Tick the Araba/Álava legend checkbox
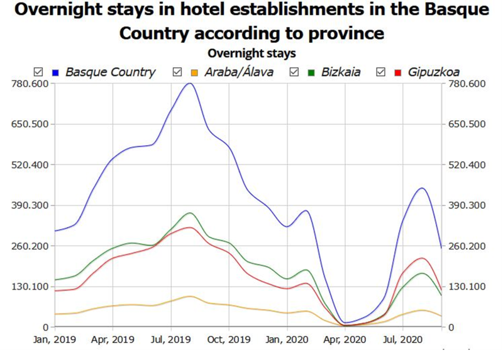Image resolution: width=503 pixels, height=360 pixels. pyautogui.click(x=177, y=72)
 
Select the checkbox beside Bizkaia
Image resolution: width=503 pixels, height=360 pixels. pyautogui.click(x=294, y=72)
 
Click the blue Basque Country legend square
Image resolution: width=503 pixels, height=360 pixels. pyautogui.click(x=56, y=72)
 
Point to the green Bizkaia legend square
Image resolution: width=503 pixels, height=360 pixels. pyautogui.click(x=311, y=72)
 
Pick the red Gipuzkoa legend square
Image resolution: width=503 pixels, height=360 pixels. pyautogui.click(x=397, y=72)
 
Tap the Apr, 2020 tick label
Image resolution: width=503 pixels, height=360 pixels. pyautogui.click(x=346, y=340)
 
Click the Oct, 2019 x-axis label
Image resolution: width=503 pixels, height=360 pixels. pyautogui.click(x=229, y=340)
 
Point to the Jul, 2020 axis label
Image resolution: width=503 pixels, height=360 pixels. pyautogui.click(x=402, y=340)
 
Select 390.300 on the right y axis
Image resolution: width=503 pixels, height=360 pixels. pyautogui.click(x=466, y=205)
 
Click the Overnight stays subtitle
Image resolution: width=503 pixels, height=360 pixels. pyautogui.click(x=251, y=53)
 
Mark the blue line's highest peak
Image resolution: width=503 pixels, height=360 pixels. pyautogui.click(x=189, y=83)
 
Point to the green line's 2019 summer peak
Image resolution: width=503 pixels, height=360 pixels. pyautogui.click(x=189, y=213)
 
